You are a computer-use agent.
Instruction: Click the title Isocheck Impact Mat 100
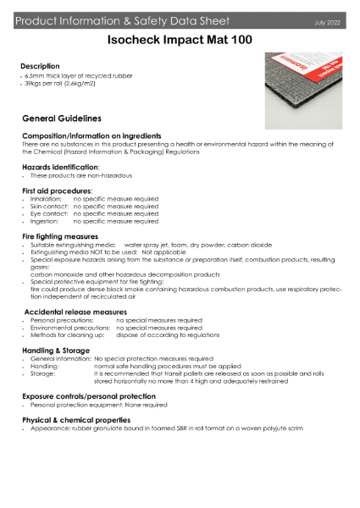coord(180,39)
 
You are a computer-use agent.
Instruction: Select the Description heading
coord(40,66)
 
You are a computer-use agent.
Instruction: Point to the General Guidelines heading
coord(61,119)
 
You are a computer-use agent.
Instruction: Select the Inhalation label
coord(46,199)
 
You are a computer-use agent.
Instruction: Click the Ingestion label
coord(45,221)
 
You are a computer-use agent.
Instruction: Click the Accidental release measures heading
coord(75,312)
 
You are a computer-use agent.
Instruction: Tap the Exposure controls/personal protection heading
coord(88,396)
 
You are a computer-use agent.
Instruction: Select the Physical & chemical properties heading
coord(78,420)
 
